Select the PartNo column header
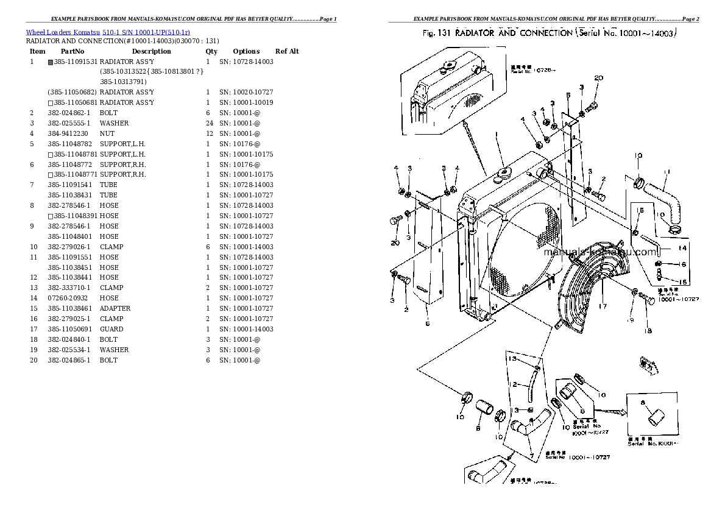72,52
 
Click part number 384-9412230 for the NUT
68,133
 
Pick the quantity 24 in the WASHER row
208,123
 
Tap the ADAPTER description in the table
115,308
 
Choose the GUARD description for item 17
111,329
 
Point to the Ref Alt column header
287,52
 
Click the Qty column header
211,52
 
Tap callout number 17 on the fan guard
602,306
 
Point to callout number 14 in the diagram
682,248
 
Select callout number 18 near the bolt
648,331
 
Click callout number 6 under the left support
428,324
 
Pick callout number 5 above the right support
568,95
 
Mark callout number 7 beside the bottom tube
532,455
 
